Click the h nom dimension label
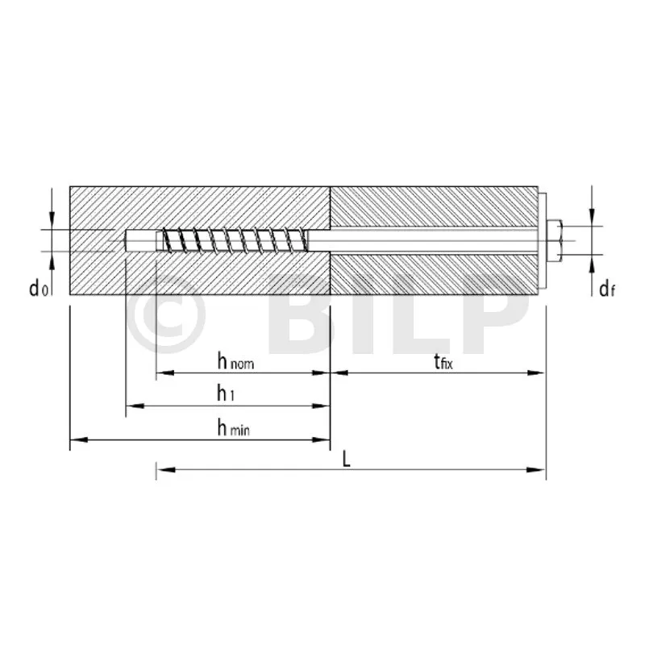click(x=235, y=362)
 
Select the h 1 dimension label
click(x=226, y=393)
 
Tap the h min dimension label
click(x=233, y=429)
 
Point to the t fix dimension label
click(x=443, y=362)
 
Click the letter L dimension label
click(x=347, y=459)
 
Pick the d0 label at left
click(x=39, y=288)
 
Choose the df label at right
click(x=607, y=289)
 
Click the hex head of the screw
click(x=555, y=240)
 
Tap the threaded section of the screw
click(x=235, y=239)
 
